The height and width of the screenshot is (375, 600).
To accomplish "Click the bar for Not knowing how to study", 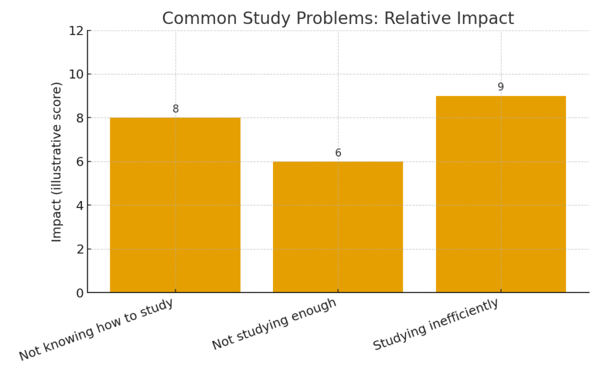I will [x=175, y=205].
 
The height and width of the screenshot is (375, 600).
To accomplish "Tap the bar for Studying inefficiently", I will [x=500, y=194].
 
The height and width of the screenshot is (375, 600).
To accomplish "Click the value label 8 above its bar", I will [x=175, y=109].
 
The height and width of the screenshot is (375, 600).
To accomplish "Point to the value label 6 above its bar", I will [x=338, y=153].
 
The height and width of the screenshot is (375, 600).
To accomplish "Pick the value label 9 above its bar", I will [x=500, y=87].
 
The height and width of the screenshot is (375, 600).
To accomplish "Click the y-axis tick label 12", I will [x=76, y=30].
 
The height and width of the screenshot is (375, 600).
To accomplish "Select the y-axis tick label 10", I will [x=76, y=74].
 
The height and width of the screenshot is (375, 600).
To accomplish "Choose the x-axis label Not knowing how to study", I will [x=97, y=329].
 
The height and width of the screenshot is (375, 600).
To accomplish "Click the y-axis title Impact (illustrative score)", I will [x=57, y=162].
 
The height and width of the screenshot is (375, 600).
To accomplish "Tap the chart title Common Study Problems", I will [x=337, y=19].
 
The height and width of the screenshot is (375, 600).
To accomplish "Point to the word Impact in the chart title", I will [x=484, y=19].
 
